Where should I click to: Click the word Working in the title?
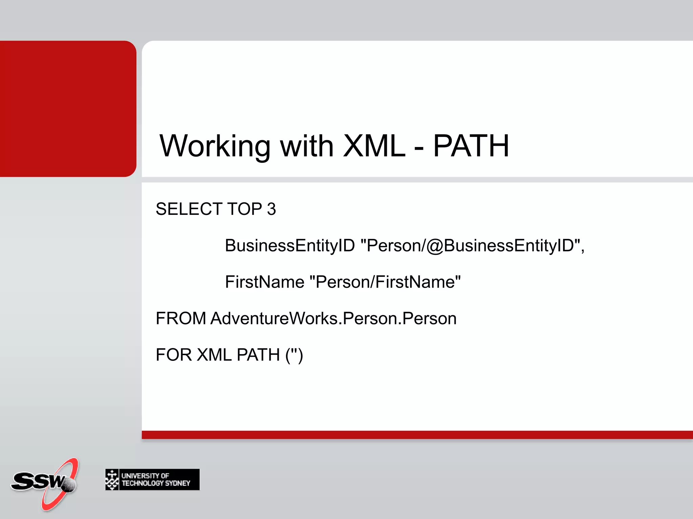[x=215, y=146]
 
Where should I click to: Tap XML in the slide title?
[x=374, y=146]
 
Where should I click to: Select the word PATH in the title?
[x=471, y=146]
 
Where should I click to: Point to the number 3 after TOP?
[x=271, y=209]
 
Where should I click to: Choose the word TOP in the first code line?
[x=245, y=209]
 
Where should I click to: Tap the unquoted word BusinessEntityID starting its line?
[x=290, y=246]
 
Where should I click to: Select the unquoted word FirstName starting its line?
[x=265, y=282]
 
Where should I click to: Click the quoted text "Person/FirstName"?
[x=385, y=282]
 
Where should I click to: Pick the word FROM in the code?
[x=181, y=318]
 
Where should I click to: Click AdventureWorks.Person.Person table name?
[x=333, y=318]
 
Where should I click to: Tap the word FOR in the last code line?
[x=174, y=355]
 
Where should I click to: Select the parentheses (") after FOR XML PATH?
[x=294, y=355]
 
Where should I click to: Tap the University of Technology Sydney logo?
[x=152, y=479]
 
